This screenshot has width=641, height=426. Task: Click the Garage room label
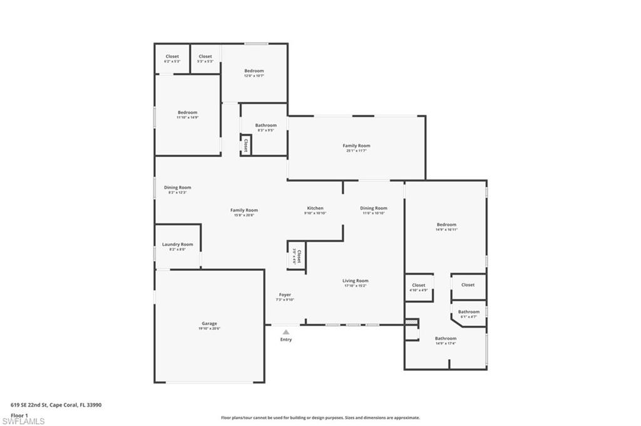click(209, 323)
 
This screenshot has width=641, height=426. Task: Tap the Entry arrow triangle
click(285, 332)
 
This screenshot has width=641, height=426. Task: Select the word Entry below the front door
click(285, 340)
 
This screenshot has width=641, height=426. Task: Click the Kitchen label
click(315, 208)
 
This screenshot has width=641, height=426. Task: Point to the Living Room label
click(356, 281)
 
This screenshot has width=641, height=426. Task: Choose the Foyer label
click(285, 295)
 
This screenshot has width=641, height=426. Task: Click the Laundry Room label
click(177, 245)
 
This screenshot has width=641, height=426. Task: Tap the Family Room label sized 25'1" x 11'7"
click(356, 146)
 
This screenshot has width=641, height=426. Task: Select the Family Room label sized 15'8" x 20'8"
click(244, 211)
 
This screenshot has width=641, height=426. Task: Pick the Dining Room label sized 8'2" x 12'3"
click(177, 188)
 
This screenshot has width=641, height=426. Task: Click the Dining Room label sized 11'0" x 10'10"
click(373, 208)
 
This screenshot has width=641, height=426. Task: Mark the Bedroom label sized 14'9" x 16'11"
click(446, 225)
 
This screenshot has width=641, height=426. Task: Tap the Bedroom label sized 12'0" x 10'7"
click(254, 71)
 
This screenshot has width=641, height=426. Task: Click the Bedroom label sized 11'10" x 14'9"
click(187, 113)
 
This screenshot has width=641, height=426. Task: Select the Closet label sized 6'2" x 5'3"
click(172, 57)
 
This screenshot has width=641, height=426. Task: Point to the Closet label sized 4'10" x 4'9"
click(418, 285)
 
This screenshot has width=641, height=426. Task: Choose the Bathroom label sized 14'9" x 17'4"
click(446, 338)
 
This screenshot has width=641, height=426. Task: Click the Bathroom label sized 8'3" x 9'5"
click(265, 126)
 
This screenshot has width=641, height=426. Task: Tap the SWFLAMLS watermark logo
click(23, 421)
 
